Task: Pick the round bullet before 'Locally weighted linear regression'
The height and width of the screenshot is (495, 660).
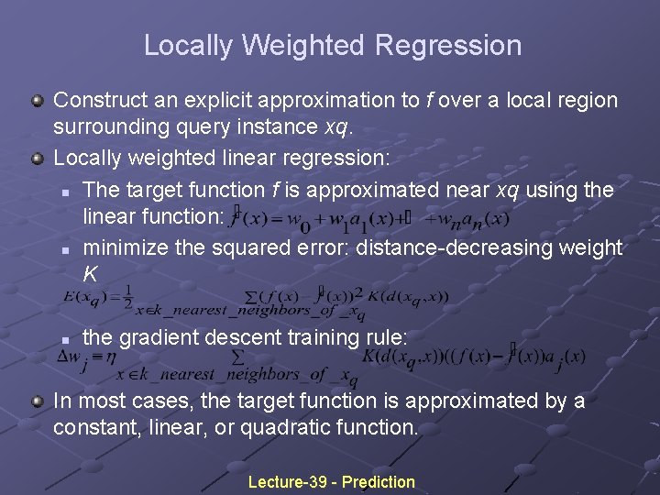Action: click(37, 159)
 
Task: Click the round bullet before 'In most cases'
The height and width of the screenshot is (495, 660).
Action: click(37, 401)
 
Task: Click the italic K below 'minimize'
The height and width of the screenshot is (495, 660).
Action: click(90, 272)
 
